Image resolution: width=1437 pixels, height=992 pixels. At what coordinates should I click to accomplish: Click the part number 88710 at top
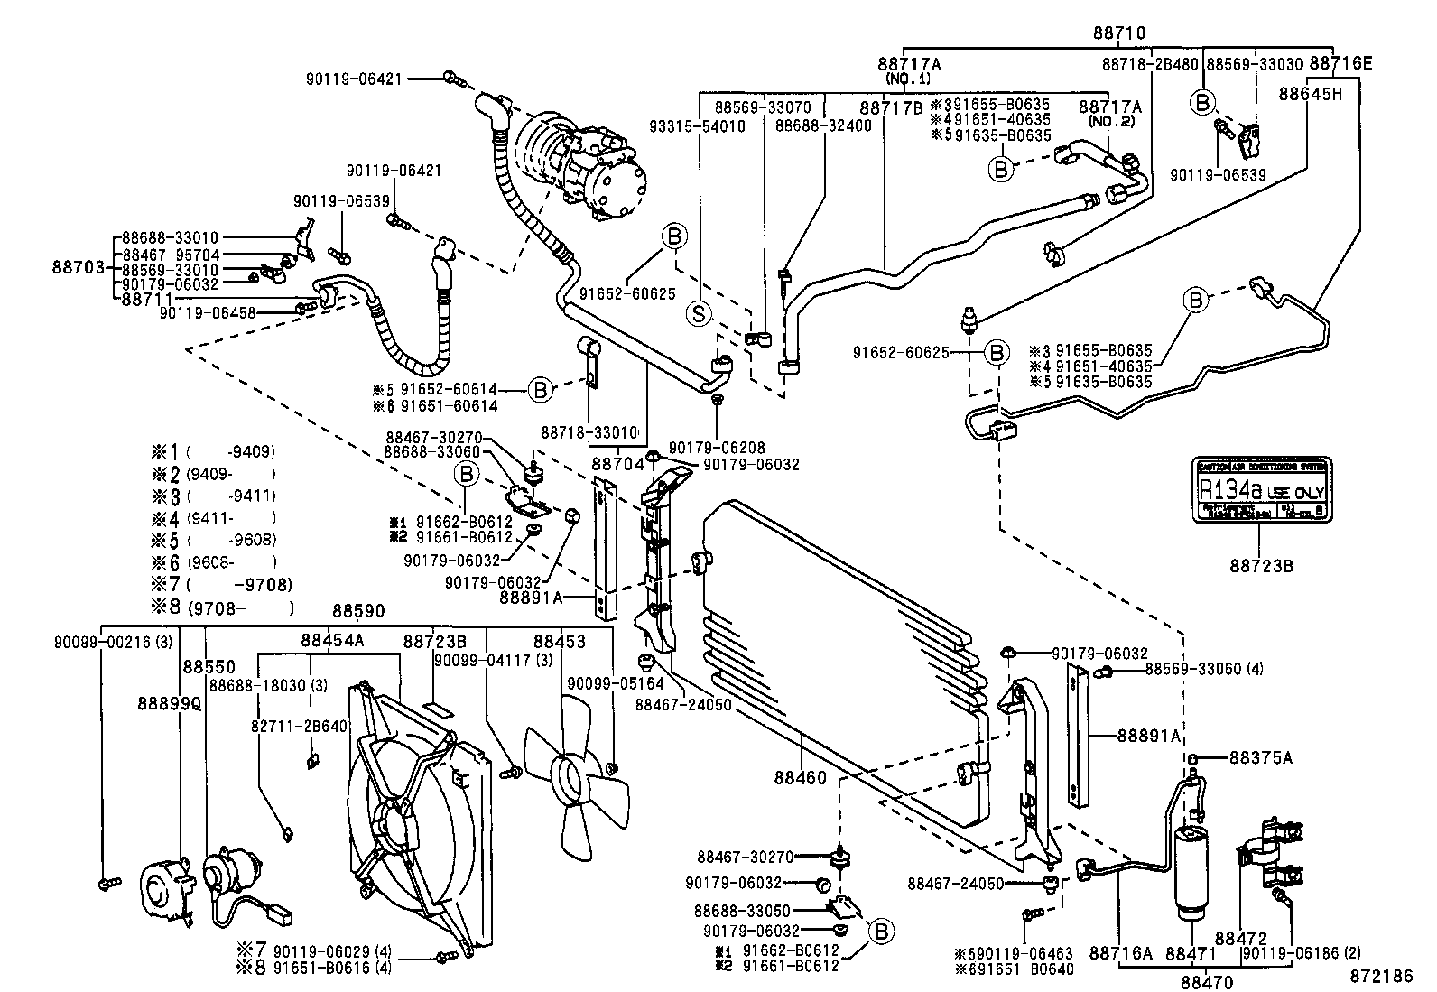tap(1118, 33)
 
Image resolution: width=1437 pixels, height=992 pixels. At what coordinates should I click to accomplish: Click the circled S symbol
tap(698, 313)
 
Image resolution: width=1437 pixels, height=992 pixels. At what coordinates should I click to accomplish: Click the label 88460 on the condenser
tap(800, 776)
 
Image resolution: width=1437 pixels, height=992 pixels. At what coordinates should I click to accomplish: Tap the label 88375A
tap(1261, 758)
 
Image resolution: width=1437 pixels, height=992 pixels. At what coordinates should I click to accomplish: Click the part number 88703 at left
tap(79, 267)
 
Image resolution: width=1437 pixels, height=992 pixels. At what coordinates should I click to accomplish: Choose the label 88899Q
tap(170, 702)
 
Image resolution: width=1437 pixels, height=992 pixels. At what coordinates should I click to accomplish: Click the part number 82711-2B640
tap(300, 726)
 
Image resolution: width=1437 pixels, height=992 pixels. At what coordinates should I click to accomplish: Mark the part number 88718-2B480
tap(1150, 64)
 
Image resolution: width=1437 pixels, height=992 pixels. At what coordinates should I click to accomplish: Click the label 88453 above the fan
tap(559, 641)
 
